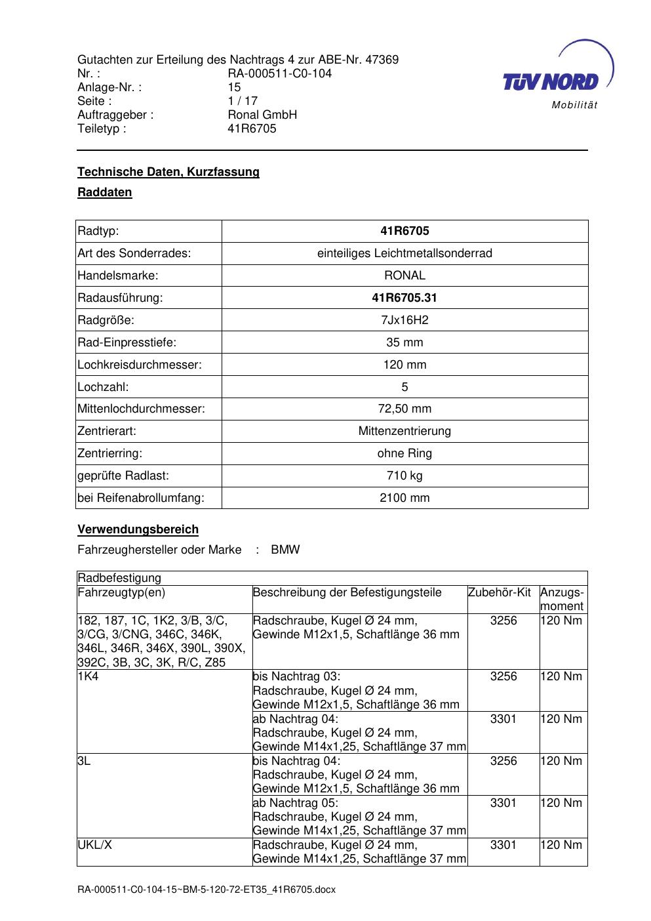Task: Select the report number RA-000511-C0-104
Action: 280,73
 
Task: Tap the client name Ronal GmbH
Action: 262,115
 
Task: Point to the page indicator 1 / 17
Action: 243,101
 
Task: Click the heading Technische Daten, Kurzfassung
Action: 168,172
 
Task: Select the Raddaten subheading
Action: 105,192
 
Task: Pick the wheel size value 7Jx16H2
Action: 404,320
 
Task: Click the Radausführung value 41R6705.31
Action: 404,298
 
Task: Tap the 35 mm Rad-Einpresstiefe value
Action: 404,342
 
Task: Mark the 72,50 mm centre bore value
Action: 404,409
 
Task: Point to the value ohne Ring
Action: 404,453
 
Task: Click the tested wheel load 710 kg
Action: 404,476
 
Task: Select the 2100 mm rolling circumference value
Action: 404,498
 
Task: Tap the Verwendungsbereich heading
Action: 138,529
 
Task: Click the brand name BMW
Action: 285,550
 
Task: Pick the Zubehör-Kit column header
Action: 500,592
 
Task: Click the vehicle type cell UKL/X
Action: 94,845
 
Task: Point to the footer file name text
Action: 207,890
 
